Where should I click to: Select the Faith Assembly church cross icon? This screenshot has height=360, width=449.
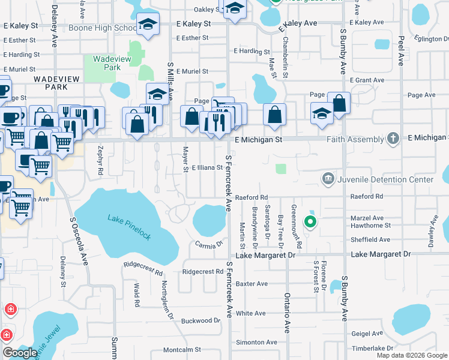(x=393, y=139)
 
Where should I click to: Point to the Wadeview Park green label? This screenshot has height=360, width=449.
(x=107, y=63)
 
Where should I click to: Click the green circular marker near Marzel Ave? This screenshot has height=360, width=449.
(x=310, y=223)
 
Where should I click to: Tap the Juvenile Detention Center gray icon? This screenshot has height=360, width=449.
(x=328, y=178)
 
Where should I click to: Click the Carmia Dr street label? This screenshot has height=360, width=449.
(x=209, y=244)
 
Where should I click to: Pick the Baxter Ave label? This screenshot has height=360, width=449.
(x=251, y=283)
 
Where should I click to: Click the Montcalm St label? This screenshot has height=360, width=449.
(x=181, y=349)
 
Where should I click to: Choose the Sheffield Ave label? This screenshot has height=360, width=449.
(x=371, y=239)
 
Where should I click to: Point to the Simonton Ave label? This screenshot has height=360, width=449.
(x=256, y=342)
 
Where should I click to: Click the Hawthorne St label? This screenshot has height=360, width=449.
(x=371, y=226)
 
